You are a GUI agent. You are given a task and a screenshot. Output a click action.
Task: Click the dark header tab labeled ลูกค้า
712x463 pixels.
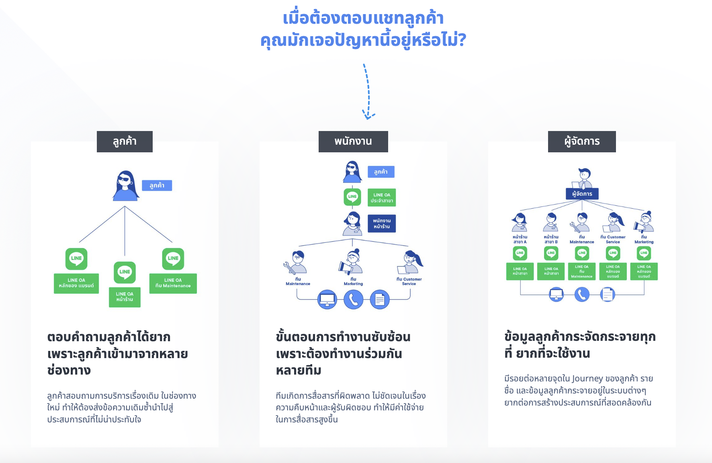(125, 141)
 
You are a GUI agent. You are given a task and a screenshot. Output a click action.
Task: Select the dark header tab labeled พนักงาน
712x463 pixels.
(353, 141)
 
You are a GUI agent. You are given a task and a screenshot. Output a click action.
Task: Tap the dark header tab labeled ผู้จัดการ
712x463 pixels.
(582, 141)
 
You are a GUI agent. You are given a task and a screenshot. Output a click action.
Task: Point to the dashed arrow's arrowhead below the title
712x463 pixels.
(368, 116)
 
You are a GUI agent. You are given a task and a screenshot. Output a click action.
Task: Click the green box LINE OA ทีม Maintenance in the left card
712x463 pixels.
(173, 283)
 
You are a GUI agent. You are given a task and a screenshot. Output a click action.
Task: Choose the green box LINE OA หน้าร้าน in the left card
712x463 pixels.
(125, 297)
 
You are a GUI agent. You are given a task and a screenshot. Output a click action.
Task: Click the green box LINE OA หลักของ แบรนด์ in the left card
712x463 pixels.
(76, 283)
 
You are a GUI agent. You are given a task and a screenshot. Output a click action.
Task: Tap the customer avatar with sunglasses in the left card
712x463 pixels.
(126, 186)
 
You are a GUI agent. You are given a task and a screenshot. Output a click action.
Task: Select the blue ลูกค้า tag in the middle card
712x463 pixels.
(381, 172)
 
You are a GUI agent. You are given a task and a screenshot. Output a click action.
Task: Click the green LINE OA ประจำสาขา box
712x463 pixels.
(382, 197)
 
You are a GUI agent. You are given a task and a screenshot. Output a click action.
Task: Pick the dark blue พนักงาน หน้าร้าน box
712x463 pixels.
(382, 223)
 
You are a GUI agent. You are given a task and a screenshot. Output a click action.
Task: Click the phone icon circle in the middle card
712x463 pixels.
(354, 299)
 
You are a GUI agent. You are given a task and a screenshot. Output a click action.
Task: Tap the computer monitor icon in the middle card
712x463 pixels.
(327, 299)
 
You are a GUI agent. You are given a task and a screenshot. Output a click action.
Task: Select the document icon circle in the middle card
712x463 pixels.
(380, 299)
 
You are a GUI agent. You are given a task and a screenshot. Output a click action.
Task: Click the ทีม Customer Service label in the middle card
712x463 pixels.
(409, 281)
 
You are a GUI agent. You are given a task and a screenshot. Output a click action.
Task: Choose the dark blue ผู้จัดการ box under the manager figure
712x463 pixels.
(582, 194)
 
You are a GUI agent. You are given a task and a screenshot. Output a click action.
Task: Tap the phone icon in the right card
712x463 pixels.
(582, 295)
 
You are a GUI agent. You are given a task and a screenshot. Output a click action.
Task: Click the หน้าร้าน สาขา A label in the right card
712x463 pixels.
(520, 240)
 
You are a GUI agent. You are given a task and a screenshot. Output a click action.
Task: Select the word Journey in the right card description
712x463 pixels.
(587, 379)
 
